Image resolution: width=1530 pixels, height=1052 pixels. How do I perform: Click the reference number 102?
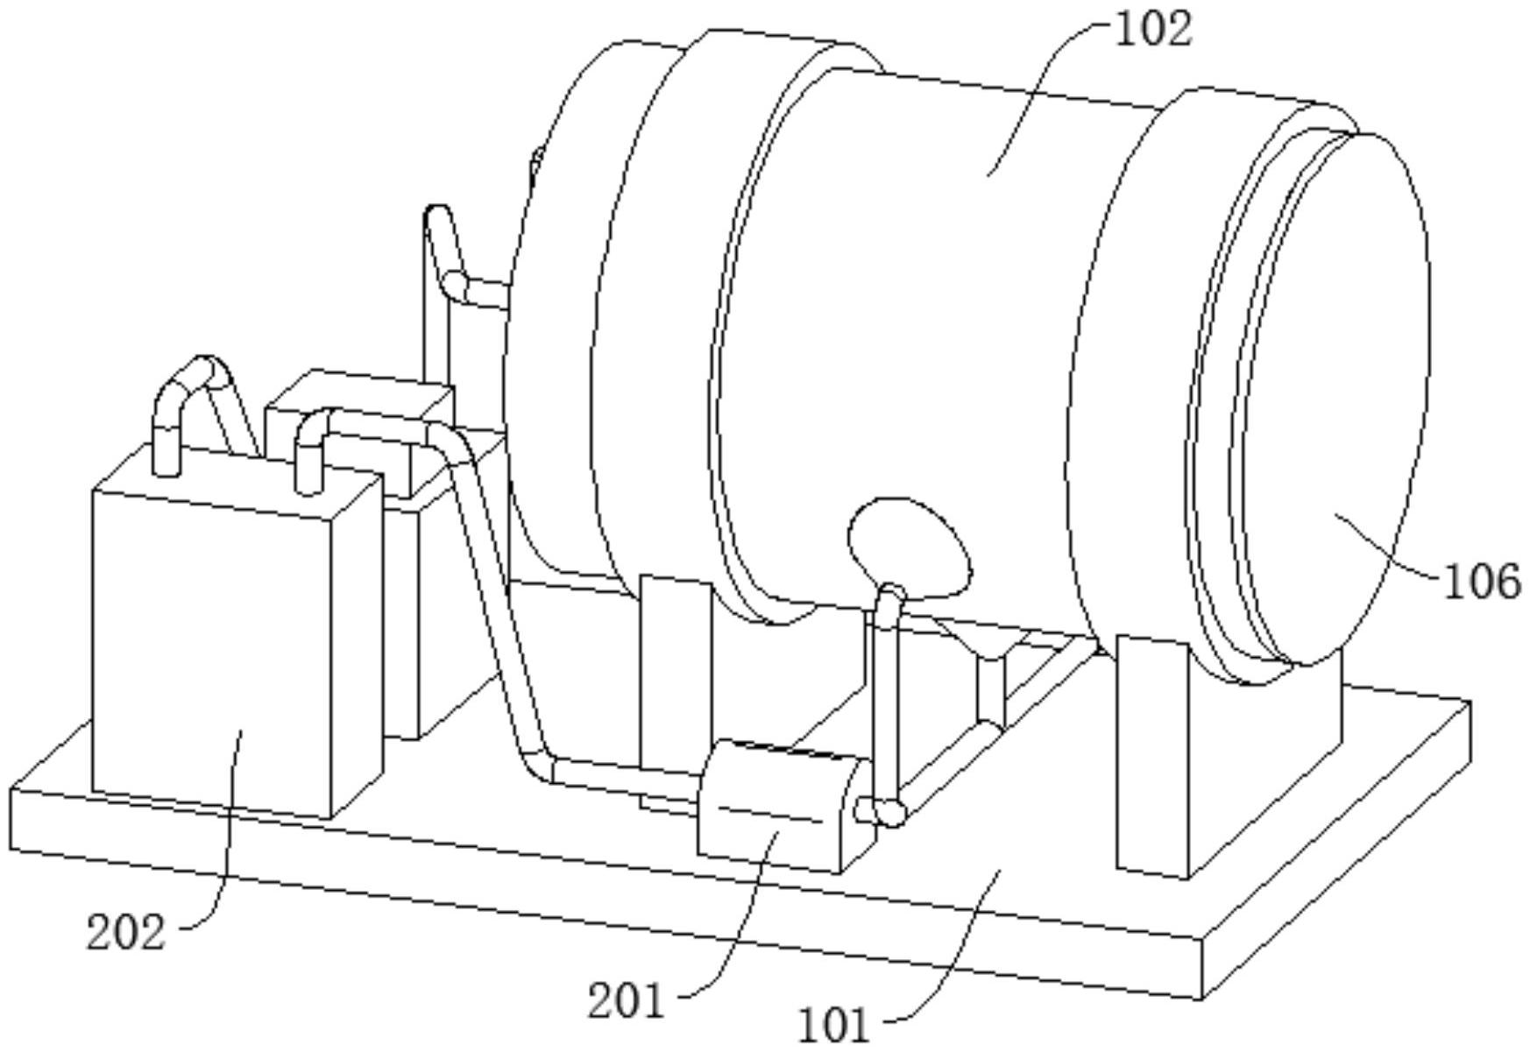1153,30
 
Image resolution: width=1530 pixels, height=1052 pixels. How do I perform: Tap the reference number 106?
1481,582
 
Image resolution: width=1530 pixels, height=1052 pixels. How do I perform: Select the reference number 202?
125,932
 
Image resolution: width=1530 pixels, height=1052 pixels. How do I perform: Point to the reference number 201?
625,1000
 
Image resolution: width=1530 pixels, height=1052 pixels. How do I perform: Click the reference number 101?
833,1024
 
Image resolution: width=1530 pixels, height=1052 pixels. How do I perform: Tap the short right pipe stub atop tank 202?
308,460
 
